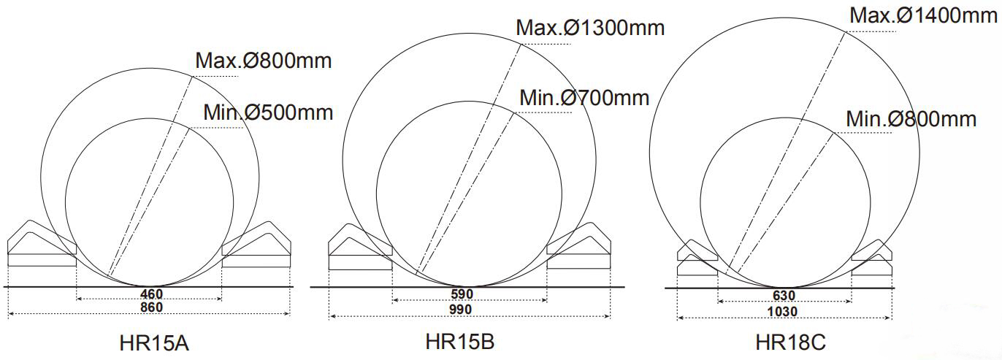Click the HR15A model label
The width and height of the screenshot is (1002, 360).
click(154, 343)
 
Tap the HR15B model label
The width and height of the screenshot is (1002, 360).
click(460, 341)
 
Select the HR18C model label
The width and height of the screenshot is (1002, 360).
click(790, 342)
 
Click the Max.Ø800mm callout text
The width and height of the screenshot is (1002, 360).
click(264, 61)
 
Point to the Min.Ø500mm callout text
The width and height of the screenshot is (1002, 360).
click(268, 112)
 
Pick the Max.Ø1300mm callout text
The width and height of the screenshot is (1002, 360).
click(590, 28)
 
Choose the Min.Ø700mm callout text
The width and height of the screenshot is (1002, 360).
click(584, 98)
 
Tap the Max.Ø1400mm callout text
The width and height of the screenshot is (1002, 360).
click(923, 15)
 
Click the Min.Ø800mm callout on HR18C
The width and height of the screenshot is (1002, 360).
click(911, 119)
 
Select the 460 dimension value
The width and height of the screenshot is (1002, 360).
click(152, 294)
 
